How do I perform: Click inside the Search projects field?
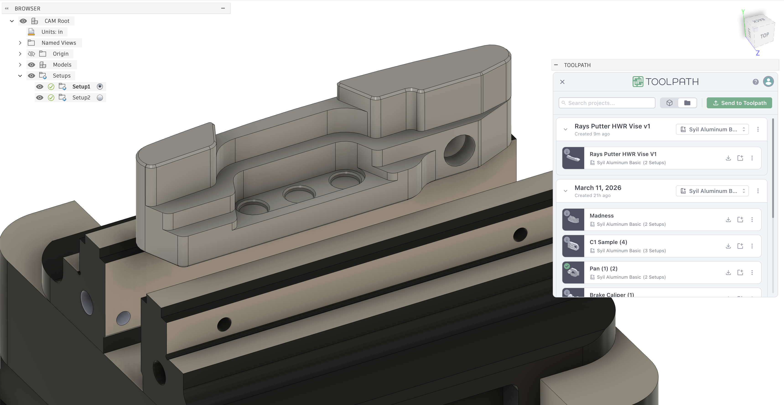click(607, 103)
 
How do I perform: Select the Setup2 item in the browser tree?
click(81, 97)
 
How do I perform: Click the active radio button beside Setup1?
click(100, 86)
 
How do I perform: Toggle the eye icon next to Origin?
click(31, 54)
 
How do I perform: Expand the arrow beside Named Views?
click(20, 43)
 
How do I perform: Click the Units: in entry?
click(52, 32)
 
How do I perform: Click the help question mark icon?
click(755, 82)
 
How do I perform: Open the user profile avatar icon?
click(768, 82)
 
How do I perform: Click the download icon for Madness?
click(728, 219)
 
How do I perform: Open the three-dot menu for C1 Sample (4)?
click(752, 246)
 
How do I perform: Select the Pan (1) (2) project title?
click(603, 268)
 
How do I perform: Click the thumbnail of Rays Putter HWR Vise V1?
click(573, 158)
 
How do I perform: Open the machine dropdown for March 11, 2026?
click(712, 191)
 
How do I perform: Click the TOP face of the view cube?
click(764, 36)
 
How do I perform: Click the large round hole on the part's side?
click(459, 150)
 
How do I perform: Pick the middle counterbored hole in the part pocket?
click(299, 194)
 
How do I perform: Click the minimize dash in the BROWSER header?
click(223, 8)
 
